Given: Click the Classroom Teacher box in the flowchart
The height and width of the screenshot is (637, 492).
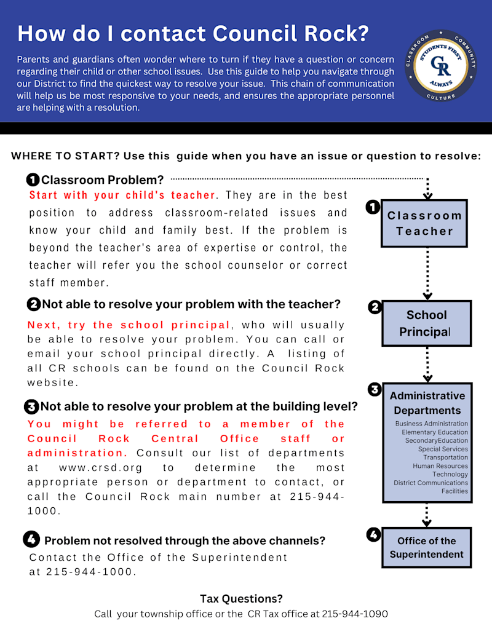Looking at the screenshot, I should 424,224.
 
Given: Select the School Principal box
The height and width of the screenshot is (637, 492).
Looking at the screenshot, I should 426,323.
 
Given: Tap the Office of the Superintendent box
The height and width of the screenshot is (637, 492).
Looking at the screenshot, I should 426,547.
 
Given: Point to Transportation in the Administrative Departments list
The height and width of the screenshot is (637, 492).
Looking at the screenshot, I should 445,457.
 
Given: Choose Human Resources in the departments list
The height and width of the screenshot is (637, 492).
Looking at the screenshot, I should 440,466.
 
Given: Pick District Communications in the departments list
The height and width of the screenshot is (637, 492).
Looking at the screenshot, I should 430,483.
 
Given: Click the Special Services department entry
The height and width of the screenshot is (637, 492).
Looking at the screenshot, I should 443,449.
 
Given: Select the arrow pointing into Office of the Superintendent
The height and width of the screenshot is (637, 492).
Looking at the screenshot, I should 427,514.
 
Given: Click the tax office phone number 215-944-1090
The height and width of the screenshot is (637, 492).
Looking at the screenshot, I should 355,614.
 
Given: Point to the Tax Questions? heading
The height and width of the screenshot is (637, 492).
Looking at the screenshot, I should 241,599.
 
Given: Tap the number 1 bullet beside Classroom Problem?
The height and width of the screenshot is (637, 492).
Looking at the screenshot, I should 33,180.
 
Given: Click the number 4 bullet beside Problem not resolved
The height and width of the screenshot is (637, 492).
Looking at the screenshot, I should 31,540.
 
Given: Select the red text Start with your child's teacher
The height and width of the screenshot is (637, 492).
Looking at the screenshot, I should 122,195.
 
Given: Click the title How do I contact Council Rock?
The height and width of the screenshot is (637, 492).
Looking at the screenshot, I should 193,33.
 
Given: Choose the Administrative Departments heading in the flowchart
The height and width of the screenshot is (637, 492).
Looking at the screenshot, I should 427,403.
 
